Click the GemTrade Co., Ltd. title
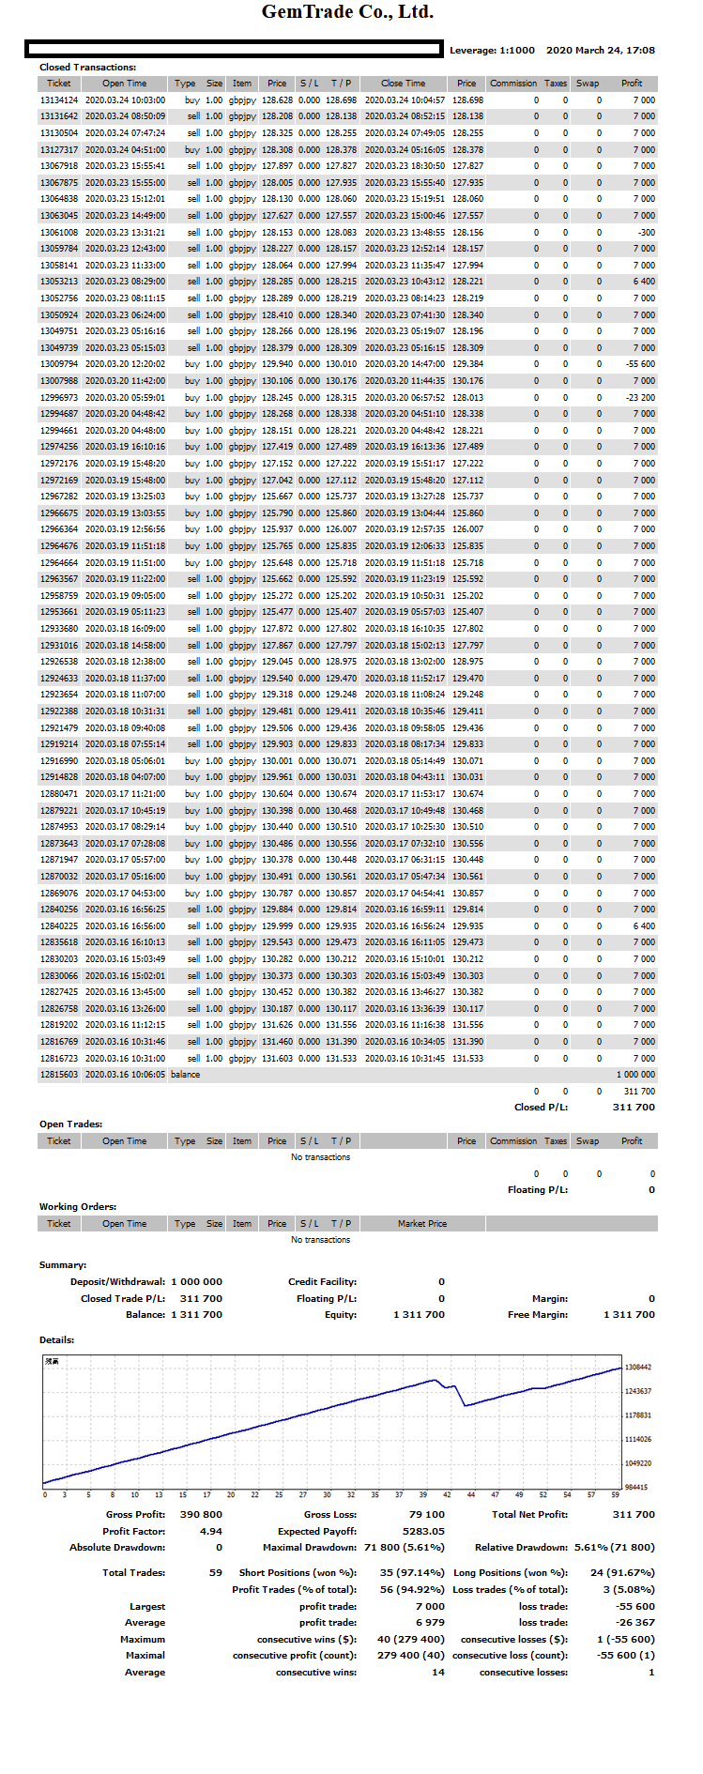coord(347,12)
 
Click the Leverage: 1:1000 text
coord(492,51)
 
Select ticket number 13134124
coord(59,100)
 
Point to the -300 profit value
coord(646,232)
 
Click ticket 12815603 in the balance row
coord(59,1075)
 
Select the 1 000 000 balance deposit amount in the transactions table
coord(635,1075)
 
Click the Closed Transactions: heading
coord(87,68)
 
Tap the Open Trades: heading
coord(70,1124)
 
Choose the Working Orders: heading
coord(78,1207)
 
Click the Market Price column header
coord(421,1224)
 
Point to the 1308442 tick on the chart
coord(638,1368)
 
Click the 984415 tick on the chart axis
coord(636,1488)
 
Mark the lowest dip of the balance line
coord(466,1405)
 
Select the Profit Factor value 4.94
coord(211,1531)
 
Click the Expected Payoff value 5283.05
coord(423,1531)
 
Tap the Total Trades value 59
coord(215,1572)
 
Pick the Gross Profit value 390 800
coord(201,1514)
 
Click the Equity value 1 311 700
coord(419,1315)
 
